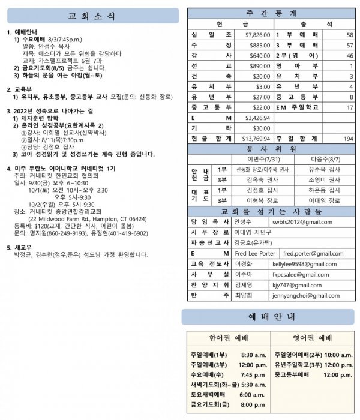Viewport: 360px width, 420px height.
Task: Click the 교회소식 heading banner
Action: [92, 16]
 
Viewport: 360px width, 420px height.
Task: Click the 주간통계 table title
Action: [272, 12]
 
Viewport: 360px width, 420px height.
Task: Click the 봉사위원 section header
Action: [272, 148]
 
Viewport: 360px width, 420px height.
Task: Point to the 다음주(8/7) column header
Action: [325, 159]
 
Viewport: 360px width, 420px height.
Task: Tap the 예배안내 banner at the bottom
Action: [271, 316]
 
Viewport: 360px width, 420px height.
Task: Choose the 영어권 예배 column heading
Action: [313, 338]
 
